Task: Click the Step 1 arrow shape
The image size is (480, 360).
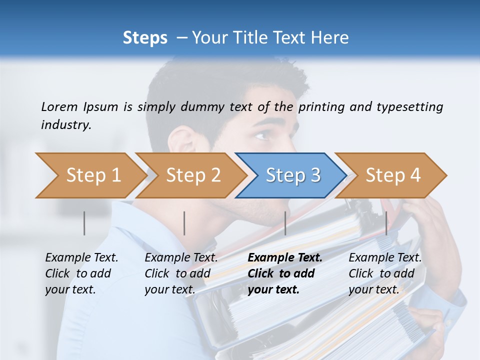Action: pyautogui.click(x=90, y=175)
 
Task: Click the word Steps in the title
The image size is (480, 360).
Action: pyautogui.click(x=145, y=37)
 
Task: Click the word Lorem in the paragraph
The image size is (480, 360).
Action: pyautogui.click(x=59, y=106)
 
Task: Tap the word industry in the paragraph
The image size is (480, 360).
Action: pyautogui.click(x=66, y=125)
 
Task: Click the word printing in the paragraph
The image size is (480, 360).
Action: pyautogui.click(x=319, y=106)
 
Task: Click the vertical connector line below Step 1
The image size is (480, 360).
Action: pyautogui.click(x=84, y=223)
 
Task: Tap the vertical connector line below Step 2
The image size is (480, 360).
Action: pyautogui.click(x=184, y=223)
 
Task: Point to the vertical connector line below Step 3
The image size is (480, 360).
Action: pyautogui.click(x=285, y=223)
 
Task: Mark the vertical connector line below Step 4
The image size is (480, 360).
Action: pyautogui.click(x=386, y=223)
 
